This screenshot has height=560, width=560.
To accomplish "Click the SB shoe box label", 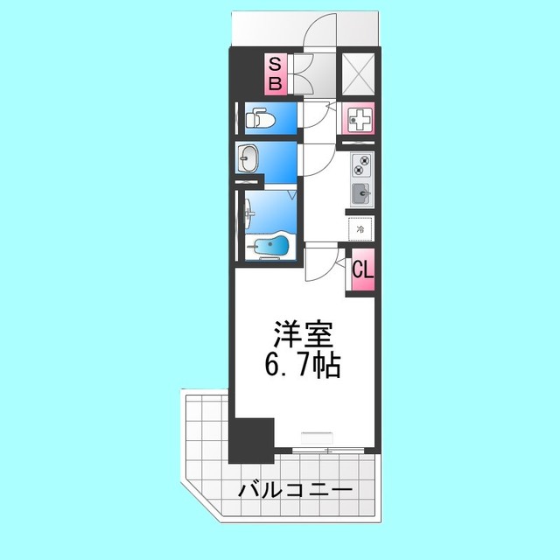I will [x=275, y=73].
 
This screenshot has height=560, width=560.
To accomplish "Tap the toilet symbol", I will [x=261, y=116].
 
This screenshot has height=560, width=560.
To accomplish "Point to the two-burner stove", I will [x=361, y=164].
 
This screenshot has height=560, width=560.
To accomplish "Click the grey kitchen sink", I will [x=361, y=192].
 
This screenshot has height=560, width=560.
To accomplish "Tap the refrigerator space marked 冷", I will [x=360, y=229].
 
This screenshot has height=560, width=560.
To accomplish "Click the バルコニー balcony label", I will [x=296, y=491].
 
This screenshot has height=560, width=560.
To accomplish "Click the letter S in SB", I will [x=275, y=64].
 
